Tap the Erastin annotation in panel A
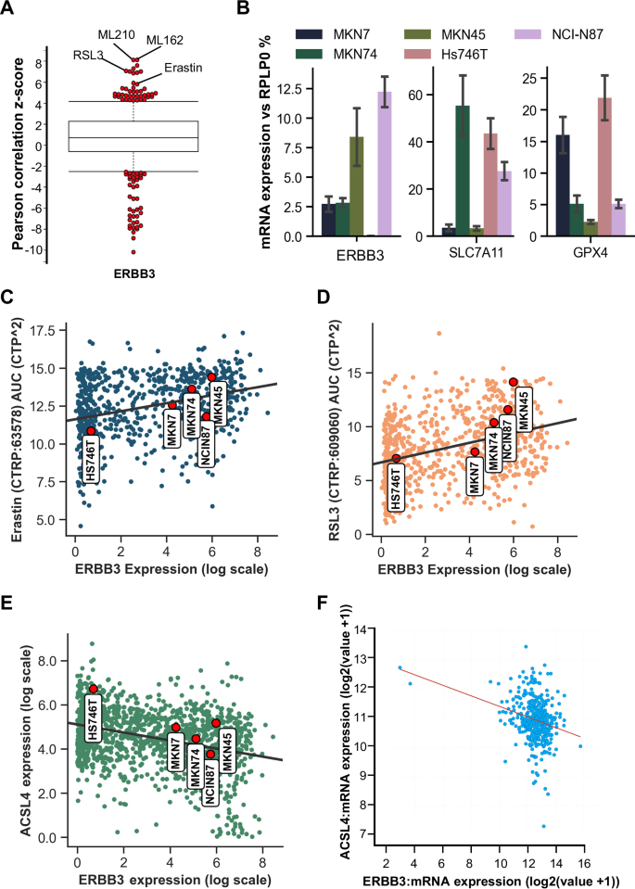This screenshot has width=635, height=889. coord(182,68)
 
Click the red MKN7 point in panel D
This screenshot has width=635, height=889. coord(475,451)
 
